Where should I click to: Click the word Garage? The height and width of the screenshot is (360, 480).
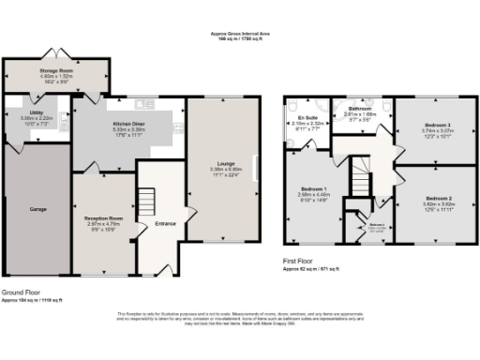(x=37, y=209)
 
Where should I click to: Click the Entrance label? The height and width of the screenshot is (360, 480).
(x=165, y=224)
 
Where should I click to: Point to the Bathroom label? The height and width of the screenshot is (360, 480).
(x=362, y=109)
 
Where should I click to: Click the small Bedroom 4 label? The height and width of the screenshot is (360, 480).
(x=377, y=225)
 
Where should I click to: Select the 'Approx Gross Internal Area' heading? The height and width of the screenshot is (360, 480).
(x=241, y=34)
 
